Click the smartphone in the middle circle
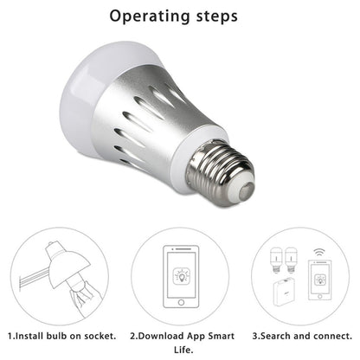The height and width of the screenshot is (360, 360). pyautogui.click(x=181, y=276)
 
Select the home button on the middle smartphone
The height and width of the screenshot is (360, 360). pyautogui.click(x=181, y=299)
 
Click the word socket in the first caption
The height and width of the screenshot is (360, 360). pyautogui.click(x=89, y=333)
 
